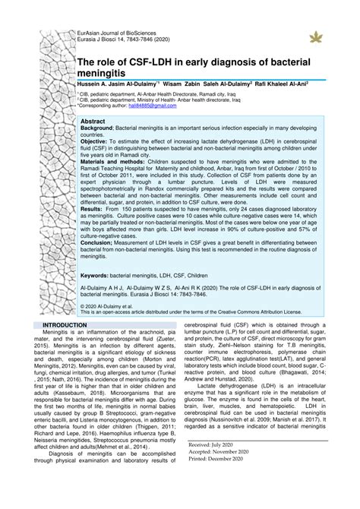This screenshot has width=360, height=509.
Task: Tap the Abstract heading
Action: pyautogui.click(x=93, y=122)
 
